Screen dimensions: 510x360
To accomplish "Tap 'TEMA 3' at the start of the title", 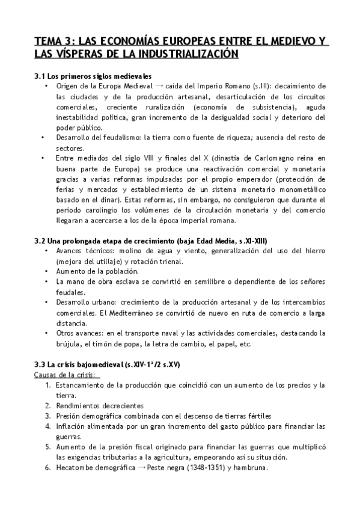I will click(53, 41).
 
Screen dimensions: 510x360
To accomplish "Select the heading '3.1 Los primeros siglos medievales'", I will click(93, 76).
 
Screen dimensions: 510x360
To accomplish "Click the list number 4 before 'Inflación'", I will click(47, 426).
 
